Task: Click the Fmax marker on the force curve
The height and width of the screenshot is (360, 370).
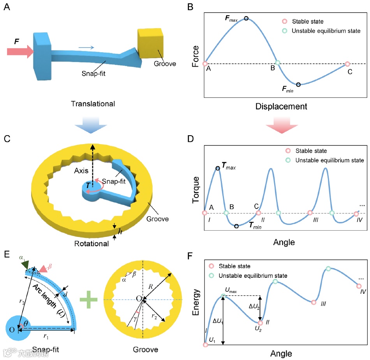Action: pyautogui.click(x=246, y=18)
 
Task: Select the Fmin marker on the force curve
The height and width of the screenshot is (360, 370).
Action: pyautogui.click(x=298, y=84)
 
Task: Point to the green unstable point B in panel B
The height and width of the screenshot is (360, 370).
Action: pyautogui.click(x=278, y=62)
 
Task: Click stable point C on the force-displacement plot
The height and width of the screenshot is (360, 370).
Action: pyautogui.click(x=347, y=64)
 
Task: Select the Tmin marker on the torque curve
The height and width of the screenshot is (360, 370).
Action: pyautogui.click(x=236, y=226)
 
